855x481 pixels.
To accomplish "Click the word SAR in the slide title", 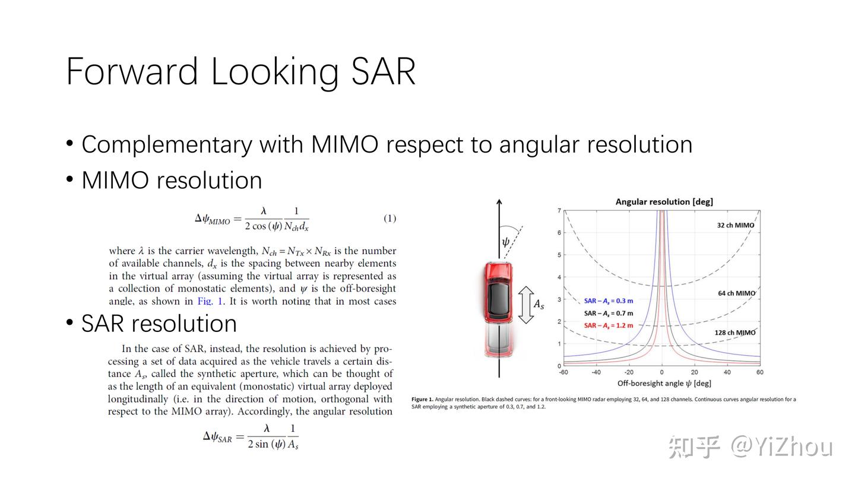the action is click(383, 71).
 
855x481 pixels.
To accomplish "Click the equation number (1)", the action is click(389, 218).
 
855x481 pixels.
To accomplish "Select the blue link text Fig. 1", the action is click(210, 301).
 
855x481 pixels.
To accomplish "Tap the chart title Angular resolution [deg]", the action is click(664, 201).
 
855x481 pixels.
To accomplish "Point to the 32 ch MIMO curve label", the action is click(736, 225).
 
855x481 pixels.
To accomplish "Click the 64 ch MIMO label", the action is click(737, 293).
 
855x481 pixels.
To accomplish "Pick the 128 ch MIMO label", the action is click(735, 333).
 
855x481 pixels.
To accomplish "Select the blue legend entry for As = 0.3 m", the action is click(609, 301).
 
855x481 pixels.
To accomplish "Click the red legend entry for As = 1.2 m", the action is click(609, 325).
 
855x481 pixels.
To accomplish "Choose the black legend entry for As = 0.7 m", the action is click(609, 314).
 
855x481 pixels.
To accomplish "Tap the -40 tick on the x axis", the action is click(596, 372).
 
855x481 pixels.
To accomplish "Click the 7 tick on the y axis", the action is click(559, 210).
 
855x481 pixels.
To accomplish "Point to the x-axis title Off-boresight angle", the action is click(664, 383).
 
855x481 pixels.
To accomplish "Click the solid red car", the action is click(499, 293).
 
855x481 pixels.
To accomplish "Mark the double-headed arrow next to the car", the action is click(526, 305).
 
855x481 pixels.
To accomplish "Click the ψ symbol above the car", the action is click(506, 242).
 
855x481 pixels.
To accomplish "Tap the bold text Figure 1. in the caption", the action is click(422, 399).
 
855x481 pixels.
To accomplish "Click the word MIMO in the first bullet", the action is click(344, 144).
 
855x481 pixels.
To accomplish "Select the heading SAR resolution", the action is click(159, 324).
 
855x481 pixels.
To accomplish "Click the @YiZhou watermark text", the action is click(781, 447).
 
